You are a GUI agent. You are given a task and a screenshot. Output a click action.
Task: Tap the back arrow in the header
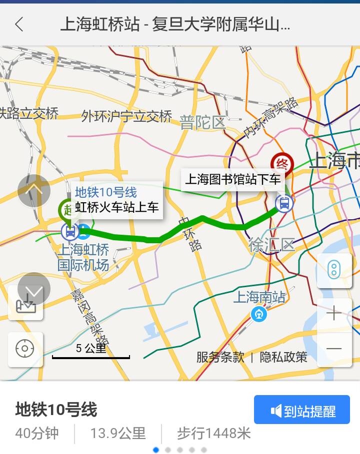pos(19,24)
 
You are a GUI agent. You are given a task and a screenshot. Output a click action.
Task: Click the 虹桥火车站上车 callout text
pos(117,207)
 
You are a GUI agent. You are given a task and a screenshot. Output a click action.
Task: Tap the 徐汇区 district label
pos(272,245)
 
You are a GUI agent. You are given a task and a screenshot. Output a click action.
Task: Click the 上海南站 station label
pos(259,298)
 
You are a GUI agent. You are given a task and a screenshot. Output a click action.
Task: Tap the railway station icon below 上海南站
pos(259,314)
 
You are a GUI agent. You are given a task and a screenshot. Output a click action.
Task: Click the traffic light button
pos(333,270)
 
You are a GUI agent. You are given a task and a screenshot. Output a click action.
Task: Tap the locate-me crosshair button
pos(25,349)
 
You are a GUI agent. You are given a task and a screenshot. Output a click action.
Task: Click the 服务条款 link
pos(220,357)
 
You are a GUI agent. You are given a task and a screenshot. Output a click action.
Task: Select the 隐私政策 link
pos(283,357)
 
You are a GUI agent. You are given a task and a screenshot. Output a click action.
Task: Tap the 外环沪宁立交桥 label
pos(127,116)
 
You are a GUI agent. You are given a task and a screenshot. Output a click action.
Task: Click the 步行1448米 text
pos(213,433)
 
